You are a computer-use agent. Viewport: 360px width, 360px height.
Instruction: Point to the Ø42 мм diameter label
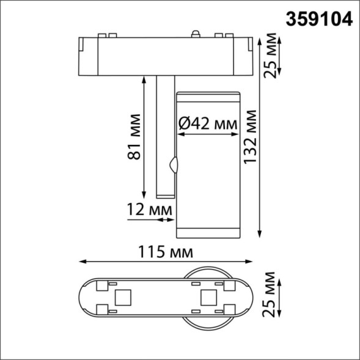(x=208, y=124)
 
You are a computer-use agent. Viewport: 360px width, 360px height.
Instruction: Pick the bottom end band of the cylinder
(x=207, y=231)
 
